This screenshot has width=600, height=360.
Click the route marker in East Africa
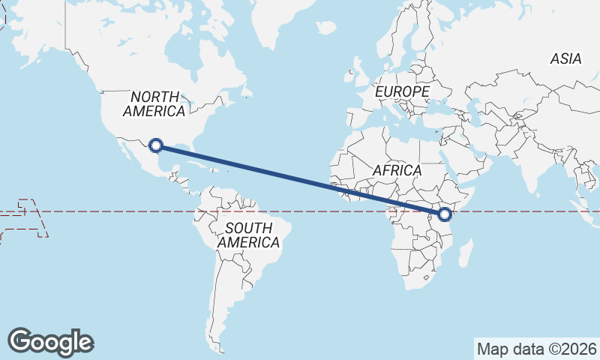point(445,214)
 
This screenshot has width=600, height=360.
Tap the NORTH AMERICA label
point(154,104)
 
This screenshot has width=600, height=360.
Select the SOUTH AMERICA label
point(249,235)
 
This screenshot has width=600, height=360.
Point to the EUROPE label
point(403,91)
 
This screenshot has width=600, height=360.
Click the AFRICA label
point(397,170)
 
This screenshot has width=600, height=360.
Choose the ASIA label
point(565,58)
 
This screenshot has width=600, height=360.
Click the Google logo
point(50,341)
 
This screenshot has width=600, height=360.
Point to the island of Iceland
point(326,28)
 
